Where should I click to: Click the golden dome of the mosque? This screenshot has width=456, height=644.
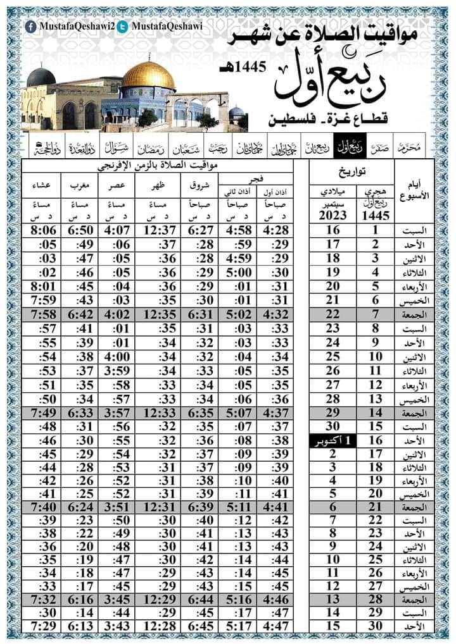tap(148, 75)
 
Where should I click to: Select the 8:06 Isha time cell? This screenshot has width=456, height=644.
tap(44, 230)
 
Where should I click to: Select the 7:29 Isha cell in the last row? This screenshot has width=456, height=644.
tap(44, 626)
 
